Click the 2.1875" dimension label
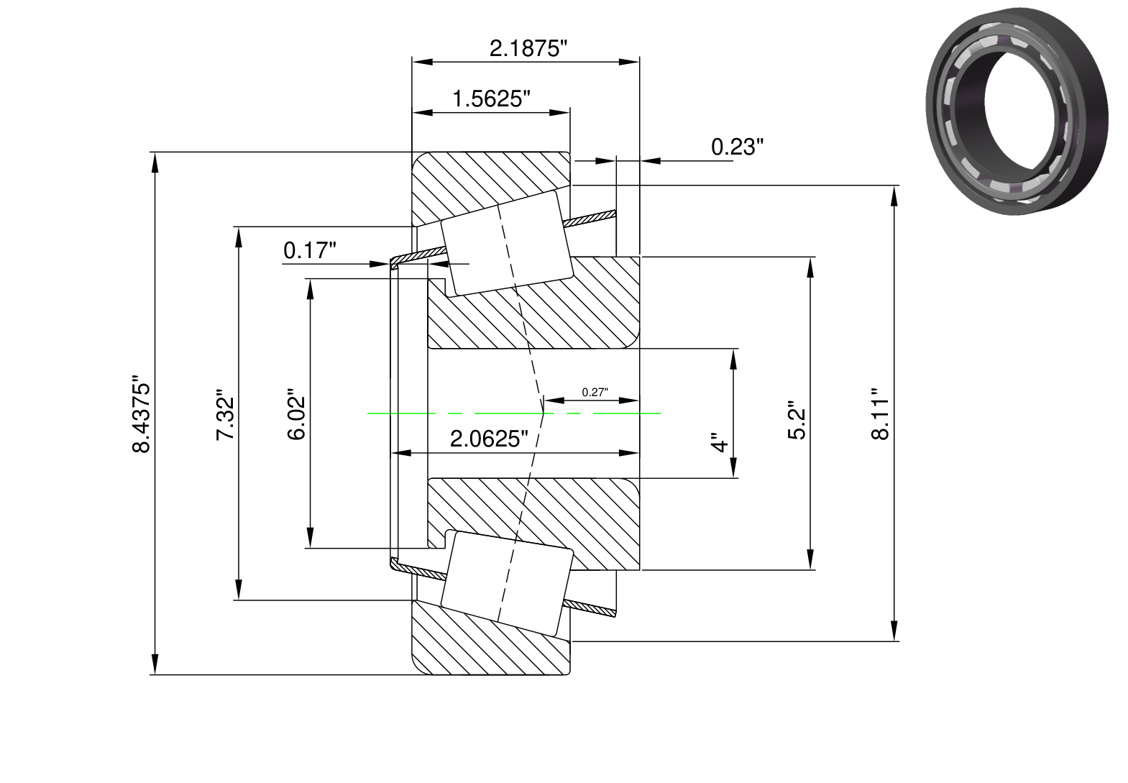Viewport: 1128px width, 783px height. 528,49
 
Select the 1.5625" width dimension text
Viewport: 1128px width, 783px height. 492,99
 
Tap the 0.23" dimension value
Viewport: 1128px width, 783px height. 737,147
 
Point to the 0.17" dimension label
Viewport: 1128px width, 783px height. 310,250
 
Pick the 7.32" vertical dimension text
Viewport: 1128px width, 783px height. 226,414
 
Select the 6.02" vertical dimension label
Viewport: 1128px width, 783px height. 297,414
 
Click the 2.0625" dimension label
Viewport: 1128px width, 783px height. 489,439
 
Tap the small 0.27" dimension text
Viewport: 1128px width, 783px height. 595,393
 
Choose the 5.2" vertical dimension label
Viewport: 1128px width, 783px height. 797,421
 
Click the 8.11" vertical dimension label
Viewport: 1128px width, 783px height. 880,414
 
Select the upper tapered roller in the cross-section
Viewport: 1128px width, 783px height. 507,243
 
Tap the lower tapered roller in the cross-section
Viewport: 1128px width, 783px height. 507,583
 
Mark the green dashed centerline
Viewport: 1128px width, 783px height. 514,413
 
